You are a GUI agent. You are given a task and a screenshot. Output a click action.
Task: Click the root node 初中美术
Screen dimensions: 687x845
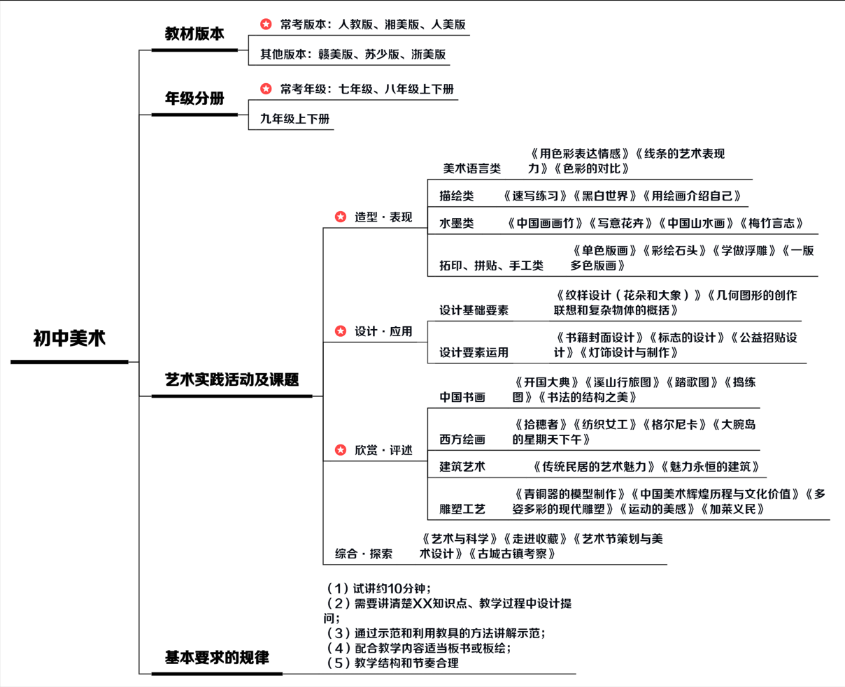click(x=69, y=339)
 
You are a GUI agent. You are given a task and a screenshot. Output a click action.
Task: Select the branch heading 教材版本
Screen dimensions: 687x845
click(x=194, y=34)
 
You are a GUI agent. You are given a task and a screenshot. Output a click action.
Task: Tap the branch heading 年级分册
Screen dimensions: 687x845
click(x=194, y=99)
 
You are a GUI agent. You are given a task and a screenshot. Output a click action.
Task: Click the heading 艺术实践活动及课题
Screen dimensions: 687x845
click(x=232, y=379)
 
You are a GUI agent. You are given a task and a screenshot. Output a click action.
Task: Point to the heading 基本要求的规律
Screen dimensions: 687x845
click(x=217, y=658)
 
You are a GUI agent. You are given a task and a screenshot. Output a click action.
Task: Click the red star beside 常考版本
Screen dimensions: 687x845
click(x=266, y=24)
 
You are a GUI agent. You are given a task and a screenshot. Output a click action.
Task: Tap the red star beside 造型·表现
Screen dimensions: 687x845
click(x=341, y=217)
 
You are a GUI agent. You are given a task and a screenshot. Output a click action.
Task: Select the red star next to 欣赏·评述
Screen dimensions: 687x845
click(x=341, y=450)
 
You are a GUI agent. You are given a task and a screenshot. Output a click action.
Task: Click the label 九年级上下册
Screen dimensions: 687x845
click(x=294, y=119)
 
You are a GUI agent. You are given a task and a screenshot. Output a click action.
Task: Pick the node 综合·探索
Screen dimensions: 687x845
click(x=364, y=554)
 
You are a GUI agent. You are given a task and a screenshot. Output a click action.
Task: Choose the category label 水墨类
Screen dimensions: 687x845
click(x=457, y=224)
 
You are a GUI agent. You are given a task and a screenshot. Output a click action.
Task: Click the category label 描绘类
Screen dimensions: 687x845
click(x=457, y=196)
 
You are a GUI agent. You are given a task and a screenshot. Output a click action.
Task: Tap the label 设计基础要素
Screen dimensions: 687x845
click(x=474, y=310)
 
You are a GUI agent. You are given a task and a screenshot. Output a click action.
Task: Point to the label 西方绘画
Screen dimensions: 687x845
click(x=462, y=439)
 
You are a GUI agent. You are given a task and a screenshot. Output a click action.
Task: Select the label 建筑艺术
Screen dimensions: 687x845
click(x=462, y=466)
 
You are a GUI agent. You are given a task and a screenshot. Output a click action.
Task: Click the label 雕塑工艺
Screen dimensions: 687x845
click(x=462, y=509)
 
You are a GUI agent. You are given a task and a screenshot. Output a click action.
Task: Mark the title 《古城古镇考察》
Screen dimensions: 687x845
click(x=512, y=554)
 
